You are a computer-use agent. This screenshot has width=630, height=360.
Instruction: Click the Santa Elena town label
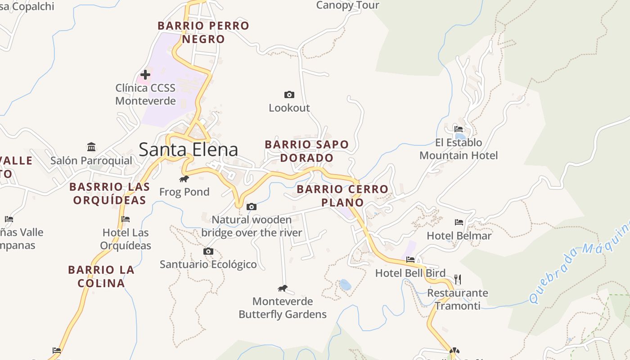point(188,149)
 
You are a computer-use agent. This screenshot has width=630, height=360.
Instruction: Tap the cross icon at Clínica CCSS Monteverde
point(145,75)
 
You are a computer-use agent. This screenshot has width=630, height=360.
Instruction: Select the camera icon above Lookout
point(289,94)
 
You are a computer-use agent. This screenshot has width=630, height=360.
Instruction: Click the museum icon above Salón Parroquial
point(91,147)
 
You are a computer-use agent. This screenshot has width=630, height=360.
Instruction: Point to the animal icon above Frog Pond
point(184,179)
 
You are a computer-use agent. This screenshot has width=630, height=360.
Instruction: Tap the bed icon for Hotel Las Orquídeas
point(126,219)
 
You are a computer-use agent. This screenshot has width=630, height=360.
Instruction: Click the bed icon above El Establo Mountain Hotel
point(459,129)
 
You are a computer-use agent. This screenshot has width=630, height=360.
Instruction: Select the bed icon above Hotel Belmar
point(459,222)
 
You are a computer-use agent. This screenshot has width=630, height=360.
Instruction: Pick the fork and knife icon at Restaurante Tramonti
point(458,279)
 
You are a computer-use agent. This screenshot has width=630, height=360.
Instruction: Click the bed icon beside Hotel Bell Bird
point(410,260)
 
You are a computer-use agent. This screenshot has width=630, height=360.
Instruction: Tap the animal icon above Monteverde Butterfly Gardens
point(283,288)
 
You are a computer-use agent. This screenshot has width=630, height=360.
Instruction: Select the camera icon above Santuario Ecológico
point(208,251)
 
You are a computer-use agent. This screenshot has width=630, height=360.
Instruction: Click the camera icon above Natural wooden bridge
point(252,207)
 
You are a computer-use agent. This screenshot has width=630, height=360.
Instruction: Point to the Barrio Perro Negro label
point(203,32)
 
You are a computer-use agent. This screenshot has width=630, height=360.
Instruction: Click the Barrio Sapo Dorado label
point(307,151)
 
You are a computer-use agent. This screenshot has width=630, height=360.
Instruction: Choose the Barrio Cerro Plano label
point(342,196)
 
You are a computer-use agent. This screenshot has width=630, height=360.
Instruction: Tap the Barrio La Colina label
point(101,276)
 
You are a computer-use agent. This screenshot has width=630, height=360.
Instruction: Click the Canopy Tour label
point(347,5)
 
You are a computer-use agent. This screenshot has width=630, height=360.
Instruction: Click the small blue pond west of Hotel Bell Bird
point(345,285)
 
